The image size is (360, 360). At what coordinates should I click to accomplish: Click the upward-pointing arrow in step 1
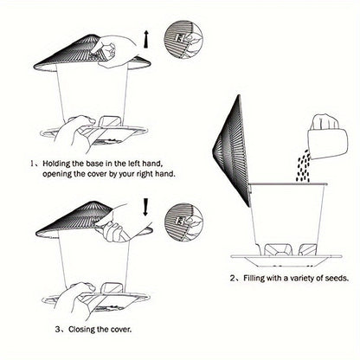coord(146,39)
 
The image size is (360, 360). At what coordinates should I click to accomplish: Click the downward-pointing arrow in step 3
coord(145,207)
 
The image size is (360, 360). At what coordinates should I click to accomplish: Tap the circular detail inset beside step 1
coord(183,39)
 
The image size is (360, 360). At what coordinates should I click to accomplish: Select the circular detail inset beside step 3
coord(183,222)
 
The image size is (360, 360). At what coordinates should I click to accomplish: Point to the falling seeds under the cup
coord(304,166)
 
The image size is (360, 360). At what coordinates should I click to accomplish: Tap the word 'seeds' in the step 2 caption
coord(337,279)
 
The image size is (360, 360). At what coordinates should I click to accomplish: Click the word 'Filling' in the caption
coord(254,279)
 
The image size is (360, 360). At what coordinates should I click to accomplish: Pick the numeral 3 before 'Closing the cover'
coord(58,329)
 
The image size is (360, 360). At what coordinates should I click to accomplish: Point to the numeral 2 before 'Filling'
coord(233,279)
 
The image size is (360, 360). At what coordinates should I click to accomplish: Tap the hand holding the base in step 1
coord(74,132)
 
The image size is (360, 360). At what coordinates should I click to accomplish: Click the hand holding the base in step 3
coord(74,300)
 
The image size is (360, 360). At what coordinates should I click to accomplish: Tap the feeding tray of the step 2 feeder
coord(286,260)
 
